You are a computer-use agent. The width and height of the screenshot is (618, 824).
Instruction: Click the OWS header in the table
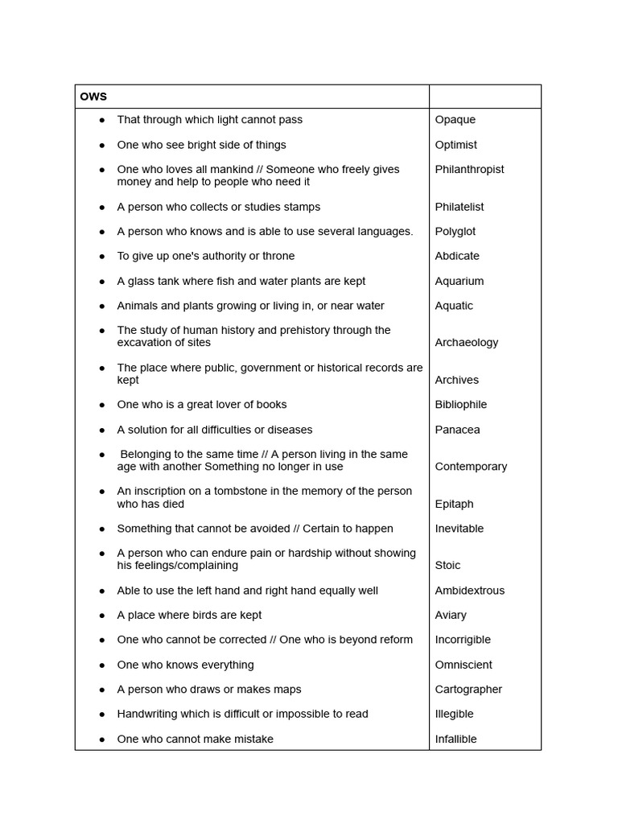click(x=93, y=97)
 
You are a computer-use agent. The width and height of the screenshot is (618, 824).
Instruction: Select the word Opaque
click(x=455, y=120)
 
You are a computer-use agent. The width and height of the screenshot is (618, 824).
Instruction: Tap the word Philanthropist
click(x=469, y=170)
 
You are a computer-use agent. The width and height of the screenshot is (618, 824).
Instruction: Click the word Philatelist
click(x=459, y=207)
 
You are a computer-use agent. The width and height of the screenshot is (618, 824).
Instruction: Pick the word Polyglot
click(x=455, y=232)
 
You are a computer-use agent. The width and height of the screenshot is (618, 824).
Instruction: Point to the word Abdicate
click(x=456, y=256)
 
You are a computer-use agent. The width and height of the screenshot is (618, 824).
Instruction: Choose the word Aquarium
click(x=459, y=281)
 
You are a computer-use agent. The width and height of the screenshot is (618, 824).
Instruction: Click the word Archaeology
click(x=466, y=343)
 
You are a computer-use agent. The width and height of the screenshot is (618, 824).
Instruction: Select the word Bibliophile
click(x=460, y=405)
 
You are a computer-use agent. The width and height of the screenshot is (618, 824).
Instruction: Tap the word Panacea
click(x=457, y=430)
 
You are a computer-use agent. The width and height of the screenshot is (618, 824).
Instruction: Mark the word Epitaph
click(x=454, y=505)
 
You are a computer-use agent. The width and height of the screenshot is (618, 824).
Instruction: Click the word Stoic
click(x=447, y=566)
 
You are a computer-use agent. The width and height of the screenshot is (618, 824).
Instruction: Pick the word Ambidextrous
click(x=469, y=591)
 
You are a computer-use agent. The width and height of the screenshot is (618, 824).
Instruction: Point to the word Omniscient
click(x=463, y=665)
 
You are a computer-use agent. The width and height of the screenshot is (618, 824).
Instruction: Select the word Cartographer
click(x=468, y=690)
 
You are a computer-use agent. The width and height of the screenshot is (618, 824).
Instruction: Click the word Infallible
click(x=455, y=740)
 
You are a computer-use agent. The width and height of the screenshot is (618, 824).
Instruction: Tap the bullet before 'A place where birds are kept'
click(x=102, y=616)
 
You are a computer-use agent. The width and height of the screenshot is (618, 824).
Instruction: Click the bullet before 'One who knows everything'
click(x=102, y=665)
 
